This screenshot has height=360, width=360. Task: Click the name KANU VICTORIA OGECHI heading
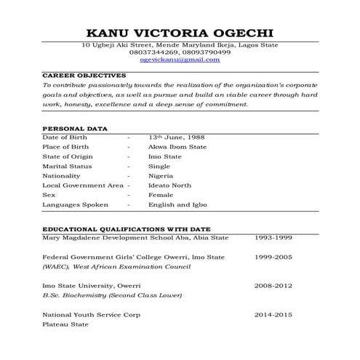[x=180, y=33]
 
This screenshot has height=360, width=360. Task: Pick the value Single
[x=159, y=166]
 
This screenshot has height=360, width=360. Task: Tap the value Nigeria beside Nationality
[x=161, y=176]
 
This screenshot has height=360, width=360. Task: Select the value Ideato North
[x=169, y=185]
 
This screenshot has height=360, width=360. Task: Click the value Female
[x=160, y=195]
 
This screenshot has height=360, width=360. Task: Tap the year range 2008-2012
[x=273, y=286]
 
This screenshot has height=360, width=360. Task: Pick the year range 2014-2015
[x=273, y=315]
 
